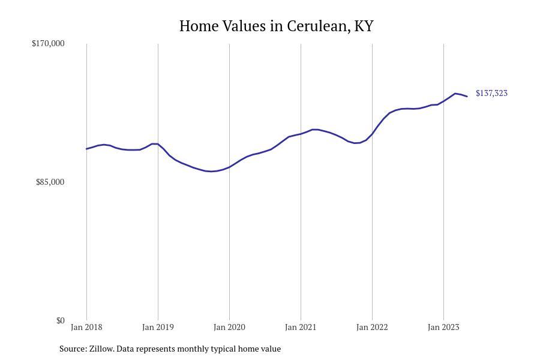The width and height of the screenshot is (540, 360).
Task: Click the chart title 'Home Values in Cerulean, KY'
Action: [x=276, y=26]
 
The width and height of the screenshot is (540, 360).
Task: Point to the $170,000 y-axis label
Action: [x=48, y=43]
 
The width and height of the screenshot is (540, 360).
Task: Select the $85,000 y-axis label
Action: [x=50, y=182]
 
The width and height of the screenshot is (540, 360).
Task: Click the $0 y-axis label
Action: [x=60, y=320]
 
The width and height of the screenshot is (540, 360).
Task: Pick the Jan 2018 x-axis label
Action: [x=86, y=327]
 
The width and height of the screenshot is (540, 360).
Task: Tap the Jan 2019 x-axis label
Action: [x=158, y=327]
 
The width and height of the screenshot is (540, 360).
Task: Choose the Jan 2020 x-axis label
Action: [x=229, y=327]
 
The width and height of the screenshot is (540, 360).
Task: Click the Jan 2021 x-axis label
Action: [x=301, y=327]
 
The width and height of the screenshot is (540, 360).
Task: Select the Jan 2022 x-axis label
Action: [x=372, y=327]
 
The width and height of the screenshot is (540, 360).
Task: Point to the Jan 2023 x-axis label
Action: [x=443, y=327]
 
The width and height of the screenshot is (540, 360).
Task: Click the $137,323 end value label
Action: [x=491, y=93]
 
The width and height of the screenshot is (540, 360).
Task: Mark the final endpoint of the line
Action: [x=467, y=97]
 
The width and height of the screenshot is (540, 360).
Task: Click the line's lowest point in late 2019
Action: [x=212, y=172]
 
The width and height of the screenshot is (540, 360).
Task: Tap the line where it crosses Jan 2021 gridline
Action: [x=301, y=133]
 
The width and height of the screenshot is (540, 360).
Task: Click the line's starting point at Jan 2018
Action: [x=86, y=149]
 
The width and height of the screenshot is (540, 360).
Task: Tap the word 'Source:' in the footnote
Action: [x=73, y=349]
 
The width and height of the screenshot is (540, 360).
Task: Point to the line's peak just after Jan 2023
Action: [x=455, y=94]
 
